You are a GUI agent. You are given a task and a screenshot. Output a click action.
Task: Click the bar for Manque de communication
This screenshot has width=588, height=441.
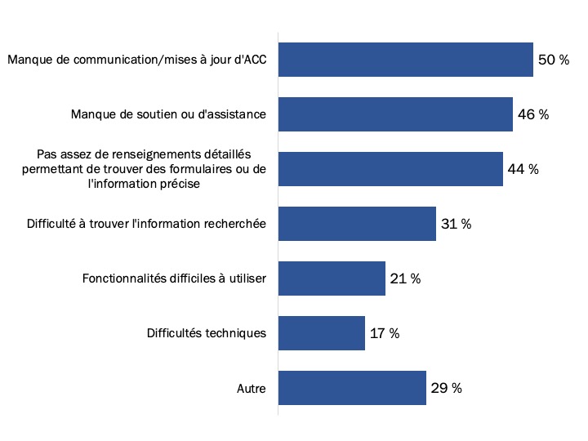(x=406, y=60)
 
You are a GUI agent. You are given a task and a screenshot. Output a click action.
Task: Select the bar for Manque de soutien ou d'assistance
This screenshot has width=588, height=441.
(x=395, y=114)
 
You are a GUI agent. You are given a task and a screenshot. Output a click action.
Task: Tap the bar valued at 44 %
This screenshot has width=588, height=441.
(x=390, y=169)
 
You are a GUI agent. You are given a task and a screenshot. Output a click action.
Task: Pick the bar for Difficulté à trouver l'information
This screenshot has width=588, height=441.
(x=357, y=224)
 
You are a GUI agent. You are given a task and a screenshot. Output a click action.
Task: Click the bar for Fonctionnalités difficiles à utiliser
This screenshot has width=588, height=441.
(x=332, y=278)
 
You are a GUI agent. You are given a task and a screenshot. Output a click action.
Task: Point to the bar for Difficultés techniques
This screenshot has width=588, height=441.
(x=322, y=333)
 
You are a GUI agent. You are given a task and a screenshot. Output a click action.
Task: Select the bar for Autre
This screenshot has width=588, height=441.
(x=352, y=388)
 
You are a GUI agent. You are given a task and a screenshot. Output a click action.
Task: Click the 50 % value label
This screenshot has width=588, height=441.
(x=553, y=60)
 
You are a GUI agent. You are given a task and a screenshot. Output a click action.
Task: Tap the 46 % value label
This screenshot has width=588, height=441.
(x=532, y=114)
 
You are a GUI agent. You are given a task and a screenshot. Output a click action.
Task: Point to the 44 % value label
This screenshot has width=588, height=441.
(x=523, y=169)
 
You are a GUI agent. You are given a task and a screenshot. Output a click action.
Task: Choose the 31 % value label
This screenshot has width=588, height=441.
(x=456, y=224)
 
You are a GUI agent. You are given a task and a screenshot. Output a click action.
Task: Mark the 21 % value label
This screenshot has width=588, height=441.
(x=405, y=278)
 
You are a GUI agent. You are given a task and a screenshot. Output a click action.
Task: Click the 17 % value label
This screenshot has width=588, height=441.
(x=384, y=333)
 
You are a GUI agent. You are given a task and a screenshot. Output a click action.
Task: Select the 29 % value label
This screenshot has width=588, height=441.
(x=446, y=388)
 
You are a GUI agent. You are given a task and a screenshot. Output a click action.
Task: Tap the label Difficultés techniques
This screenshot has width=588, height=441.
(x=207, y=333)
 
